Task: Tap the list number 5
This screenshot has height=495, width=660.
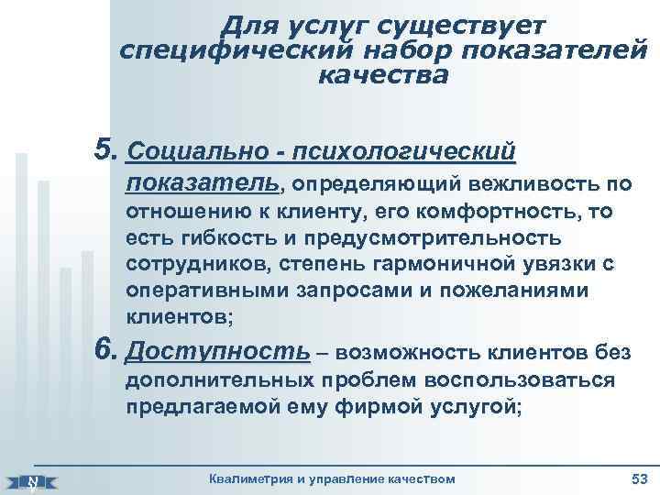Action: tap(106, 148)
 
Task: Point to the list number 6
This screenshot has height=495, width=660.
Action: tap(106, 350)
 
